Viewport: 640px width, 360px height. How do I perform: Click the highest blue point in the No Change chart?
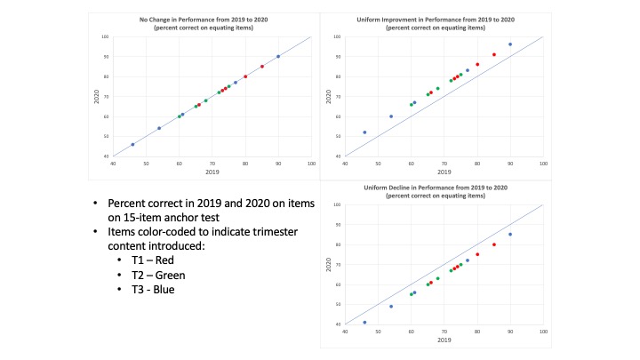click(x=278, y=56)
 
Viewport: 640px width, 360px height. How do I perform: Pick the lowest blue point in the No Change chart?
click(x=132, y=144)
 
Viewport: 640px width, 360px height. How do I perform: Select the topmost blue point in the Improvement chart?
click(x=510, y=44)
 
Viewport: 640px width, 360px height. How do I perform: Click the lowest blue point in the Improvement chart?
click(x=364, y=132)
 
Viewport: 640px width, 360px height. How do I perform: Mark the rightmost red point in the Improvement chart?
click(x=494, y=54)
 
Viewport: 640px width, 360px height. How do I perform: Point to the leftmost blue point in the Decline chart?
click(x=364, y=323)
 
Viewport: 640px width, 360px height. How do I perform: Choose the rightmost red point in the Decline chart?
click(x=494, y=244)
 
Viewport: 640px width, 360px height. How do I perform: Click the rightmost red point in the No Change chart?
click(x=262, y=66)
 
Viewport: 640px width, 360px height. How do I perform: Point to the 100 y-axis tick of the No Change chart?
click(x=104, y=36)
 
